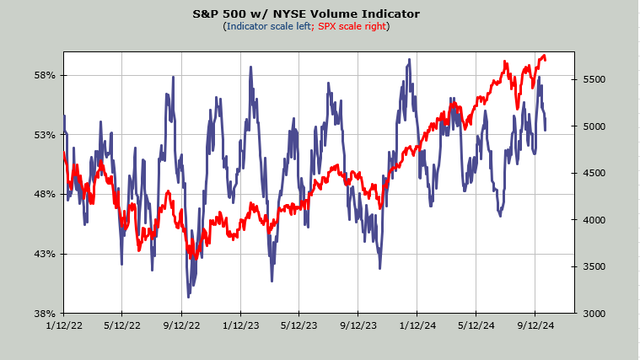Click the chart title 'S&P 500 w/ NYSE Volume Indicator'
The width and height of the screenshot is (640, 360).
[306, 13]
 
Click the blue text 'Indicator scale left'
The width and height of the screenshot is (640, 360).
[269, 26]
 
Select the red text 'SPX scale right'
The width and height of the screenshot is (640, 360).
[352, 26]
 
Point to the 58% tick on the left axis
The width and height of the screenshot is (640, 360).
[45, 76]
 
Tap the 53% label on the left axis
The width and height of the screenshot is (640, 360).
[45, 135]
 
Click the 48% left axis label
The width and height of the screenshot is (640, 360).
[45, 194]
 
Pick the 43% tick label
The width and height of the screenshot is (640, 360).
[45, 254]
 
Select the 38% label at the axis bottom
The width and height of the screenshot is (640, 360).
[45, 314]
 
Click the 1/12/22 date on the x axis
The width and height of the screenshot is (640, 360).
[64, 325]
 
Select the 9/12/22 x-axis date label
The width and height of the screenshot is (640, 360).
[181, 325]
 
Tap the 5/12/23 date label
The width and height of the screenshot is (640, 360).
[299, 325]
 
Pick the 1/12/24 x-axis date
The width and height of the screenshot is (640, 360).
[417, 325]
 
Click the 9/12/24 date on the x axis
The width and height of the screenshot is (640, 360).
[535, 325]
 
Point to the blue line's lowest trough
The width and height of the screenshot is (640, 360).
[188, 297]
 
